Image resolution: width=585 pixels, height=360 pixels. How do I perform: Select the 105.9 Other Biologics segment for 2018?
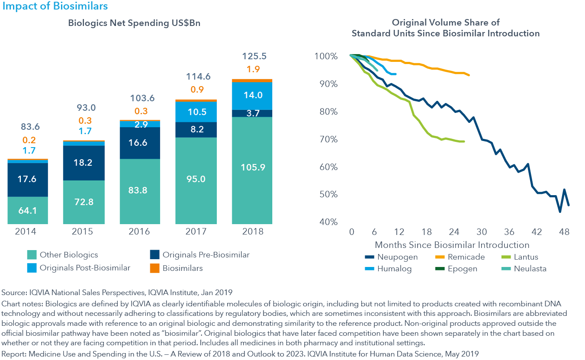pos(252,167)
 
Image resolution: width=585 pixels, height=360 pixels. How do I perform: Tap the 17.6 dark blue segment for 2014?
pos(28,179)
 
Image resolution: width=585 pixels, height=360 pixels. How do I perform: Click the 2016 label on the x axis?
pos(140,231)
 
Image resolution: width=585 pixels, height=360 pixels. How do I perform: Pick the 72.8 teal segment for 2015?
pos(84,201)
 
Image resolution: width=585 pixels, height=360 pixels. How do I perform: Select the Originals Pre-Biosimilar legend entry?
pos(206,255)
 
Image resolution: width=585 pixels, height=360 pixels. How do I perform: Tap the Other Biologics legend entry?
pos(69,255)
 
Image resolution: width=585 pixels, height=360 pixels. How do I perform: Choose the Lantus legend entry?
pos(526,257)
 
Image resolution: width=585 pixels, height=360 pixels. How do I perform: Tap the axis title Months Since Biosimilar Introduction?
pos(452,245)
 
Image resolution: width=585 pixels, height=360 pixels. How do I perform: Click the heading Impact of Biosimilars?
pos(55,6)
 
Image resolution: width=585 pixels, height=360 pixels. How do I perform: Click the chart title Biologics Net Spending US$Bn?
pos(134,23)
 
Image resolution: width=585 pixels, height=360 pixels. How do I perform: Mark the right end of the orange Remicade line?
pos(469,75)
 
